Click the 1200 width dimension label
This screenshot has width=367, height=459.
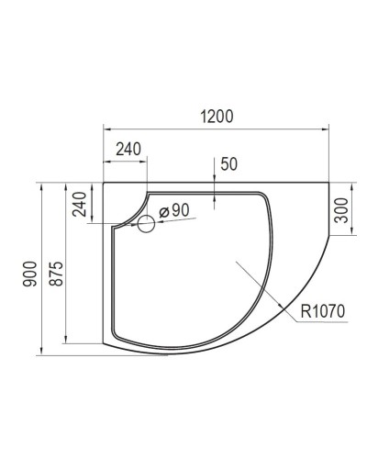coord(217,117)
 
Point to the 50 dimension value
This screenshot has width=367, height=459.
coord(229,165)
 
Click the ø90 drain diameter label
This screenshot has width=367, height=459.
coord(174,211)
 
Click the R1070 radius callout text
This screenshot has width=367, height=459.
coord(321,312)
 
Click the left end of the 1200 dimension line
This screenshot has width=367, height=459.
coord(103,129)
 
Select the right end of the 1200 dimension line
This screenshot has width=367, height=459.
coord(328,129)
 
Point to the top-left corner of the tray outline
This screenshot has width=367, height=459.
coord(103,182)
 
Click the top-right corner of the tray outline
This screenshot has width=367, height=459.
coord(328,182)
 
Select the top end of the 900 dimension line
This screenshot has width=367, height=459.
coord(43,182)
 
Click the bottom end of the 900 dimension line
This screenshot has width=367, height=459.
coord(43,354)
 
